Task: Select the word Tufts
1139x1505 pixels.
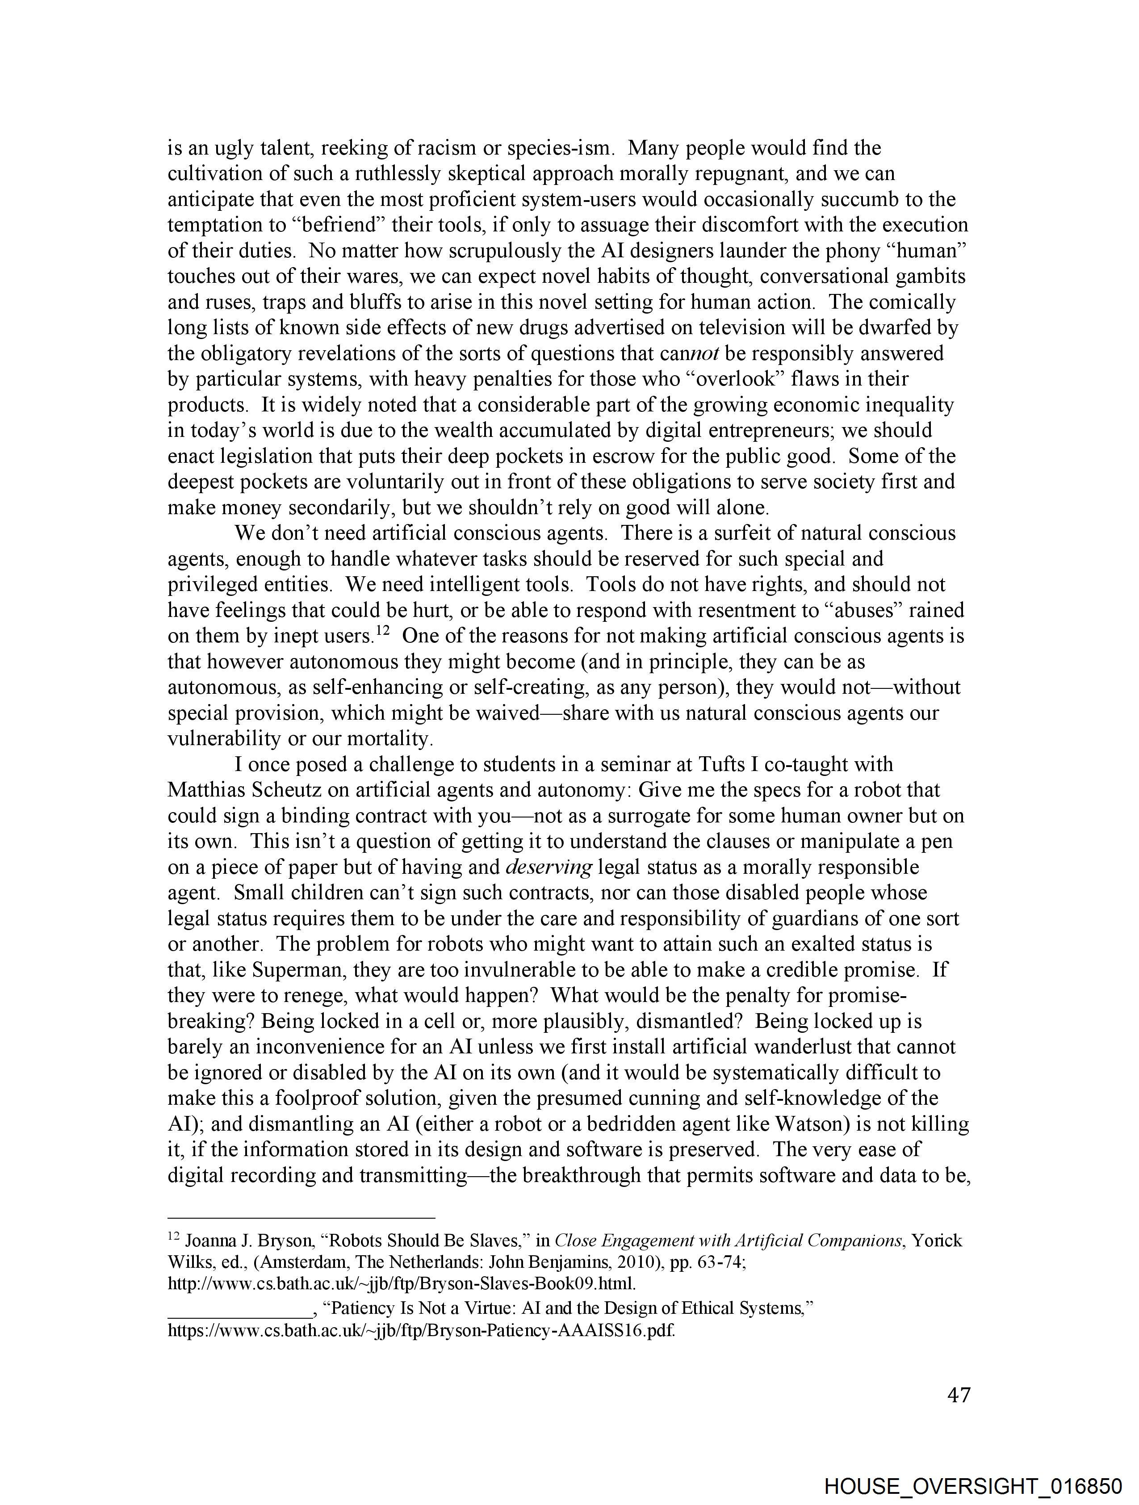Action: coord(722,764)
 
